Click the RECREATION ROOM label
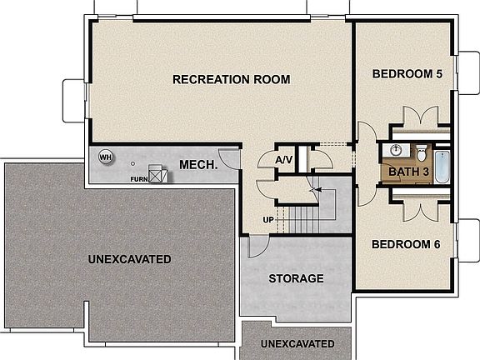pos(231,80)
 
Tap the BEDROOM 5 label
pos(407,74)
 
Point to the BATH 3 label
pos(407,172)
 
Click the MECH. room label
pos(198,165)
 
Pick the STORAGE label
pos(296,278)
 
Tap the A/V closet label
pos(283,159)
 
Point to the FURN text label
pos(138,179)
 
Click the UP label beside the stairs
pos(268,219)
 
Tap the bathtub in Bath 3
pos(442,166)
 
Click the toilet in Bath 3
pos(422,153)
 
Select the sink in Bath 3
pos(395,152)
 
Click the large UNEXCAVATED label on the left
pos(129,259)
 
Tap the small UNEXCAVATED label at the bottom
pos(297,344)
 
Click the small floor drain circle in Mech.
pos(132,162)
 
